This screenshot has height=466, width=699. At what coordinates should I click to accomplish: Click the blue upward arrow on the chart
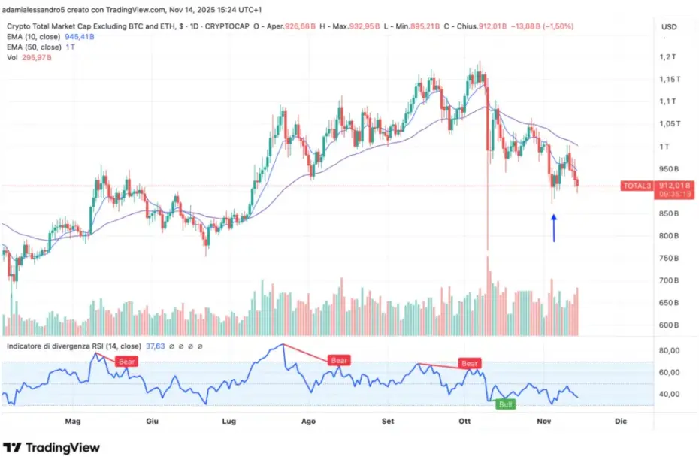554,228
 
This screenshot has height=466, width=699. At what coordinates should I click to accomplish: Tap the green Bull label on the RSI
505,404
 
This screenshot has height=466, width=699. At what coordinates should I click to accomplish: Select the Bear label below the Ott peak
470,363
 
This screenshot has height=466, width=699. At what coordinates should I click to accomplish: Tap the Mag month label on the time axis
73,422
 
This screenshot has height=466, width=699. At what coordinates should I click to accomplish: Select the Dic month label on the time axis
620,422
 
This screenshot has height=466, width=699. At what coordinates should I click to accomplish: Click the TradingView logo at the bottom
51,448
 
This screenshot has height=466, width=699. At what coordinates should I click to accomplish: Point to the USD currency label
669,27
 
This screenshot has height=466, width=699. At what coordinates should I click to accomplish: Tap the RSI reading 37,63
155,346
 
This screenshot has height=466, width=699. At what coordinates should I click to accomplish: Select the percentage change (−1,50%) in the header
554,25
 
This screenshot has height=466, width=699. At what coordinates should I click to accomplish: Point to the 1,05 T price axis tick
669,124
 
